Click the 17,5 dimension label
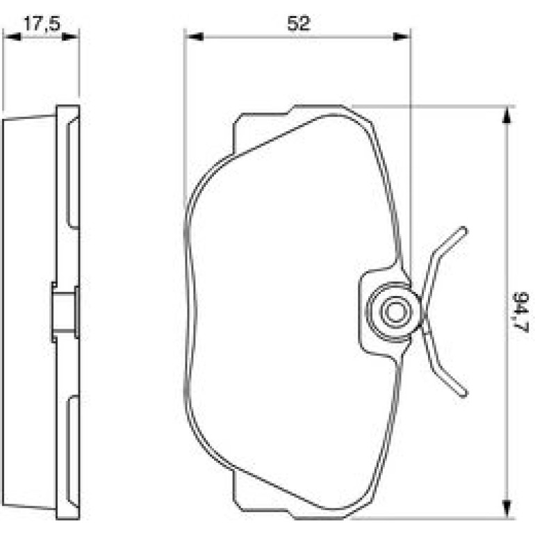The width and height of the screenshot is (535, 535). coord(42,24)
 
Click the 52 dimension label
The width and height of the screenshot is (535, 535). coord(299,24)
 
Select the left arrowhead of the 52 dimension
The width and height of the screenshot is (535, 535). coord(194,37)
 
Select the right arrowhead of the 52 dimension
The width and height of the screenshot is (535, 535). coord(402,37)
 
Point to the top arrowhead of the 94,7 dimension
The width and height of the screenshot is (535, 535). coord(507,115)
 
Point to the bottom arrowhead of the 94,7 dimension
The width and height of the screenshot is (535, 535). coord(507,509)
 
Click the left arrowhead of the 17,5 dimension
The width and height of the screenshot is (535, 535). coord(12,37)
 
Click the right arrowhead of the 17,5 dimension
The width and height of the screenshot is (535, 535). coord(70,37)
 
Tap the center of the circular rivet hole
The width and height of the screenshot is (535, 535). coord(395,312)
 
